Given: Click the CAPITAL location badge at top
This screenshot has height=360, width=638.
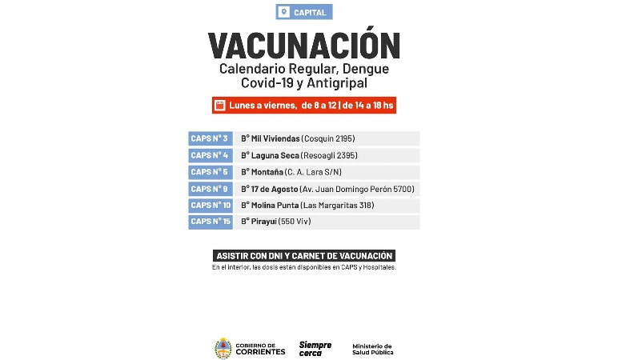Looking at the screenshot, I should [x=303, y=12].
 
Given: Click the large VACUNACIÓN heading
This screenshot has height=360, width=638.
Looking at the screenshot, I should [x=304, y=46].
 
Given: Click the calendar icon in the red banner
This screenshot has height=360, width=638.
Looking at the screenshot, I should [x=219, y=105].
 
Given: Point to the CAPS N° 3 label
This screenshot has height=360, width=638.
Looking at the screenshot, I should [x=210, y=138].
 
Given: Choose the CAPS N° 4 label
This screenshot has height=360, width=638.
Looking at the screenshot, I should [x=210, y=155].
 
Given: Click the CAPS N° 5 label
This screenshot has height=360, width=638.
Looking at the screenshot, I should [x=210, y=172].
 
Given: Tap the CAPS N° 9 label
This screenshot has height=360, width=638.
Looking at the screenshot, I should [x=210, y=189].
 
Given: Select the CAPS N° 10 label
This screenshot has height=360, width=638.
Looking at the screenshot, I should [x=211, y=206].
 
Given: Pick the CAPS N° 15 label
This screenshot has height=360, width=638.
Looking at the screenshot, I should [x=211, y=222].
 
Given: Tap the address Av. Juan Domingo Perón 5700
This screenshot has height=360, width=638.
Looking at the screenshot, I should [x=356, y=189].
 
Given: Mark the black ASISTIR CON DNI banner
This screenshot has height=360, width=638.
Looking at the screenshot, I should [x=304, y=255].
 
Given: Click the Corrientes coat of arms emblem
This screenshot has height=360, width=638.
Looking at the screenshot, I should [x=223, y=349].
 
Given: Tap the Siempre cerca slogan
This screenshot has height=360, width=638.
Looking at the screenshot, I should [x=315, y=349].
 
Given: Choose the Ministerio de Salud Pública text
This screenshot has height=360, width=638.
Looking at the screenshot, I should [x=372, y=349].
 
